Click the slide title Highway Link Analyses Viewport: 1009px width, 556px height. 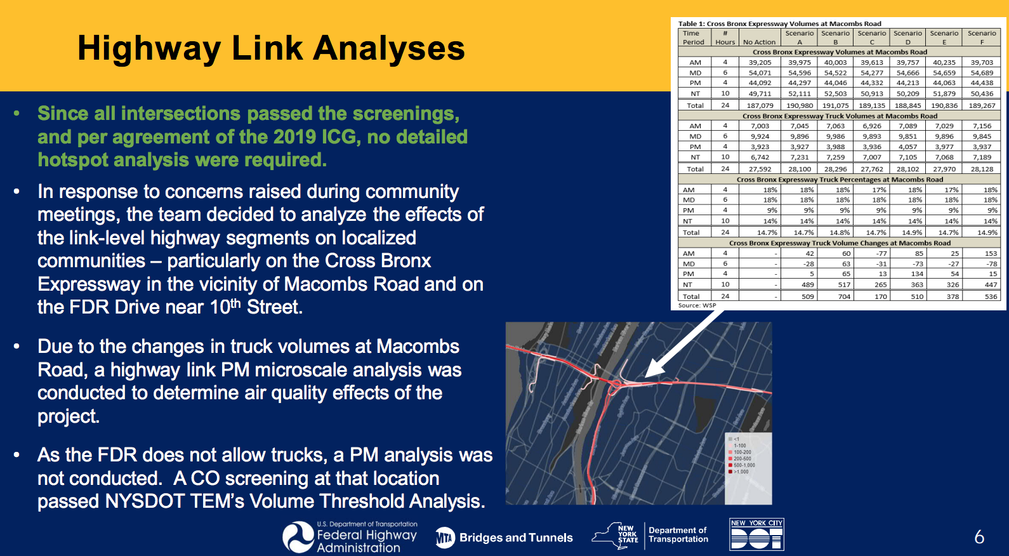click(271, 48)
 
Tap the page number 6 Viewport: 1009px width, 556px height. click(979, 538)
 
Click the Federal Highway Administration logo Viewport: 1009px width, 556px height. click(350, 537)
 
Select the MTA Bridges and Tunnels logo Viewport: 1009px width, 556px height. click(504, 538)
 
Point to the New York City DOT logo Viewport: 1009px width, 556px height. click(756, 534)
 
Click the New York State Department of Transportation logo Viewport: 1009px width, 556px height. click(650, 535)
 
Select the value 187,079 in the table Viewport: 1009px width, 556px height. click(760, 105)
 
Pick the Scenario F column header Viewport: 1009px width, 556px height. click(981, 37)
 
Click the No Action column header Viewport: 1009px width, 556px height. click(759, 42)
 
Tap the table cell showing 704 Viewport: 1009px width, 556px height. click(843, 296)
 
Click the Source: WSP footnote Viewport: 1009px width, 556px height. click(697, 305)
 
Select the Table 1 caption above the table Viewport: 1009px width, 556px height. click(779, 23)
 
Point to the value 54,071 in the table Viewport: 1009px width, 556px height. click(760, 73)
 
